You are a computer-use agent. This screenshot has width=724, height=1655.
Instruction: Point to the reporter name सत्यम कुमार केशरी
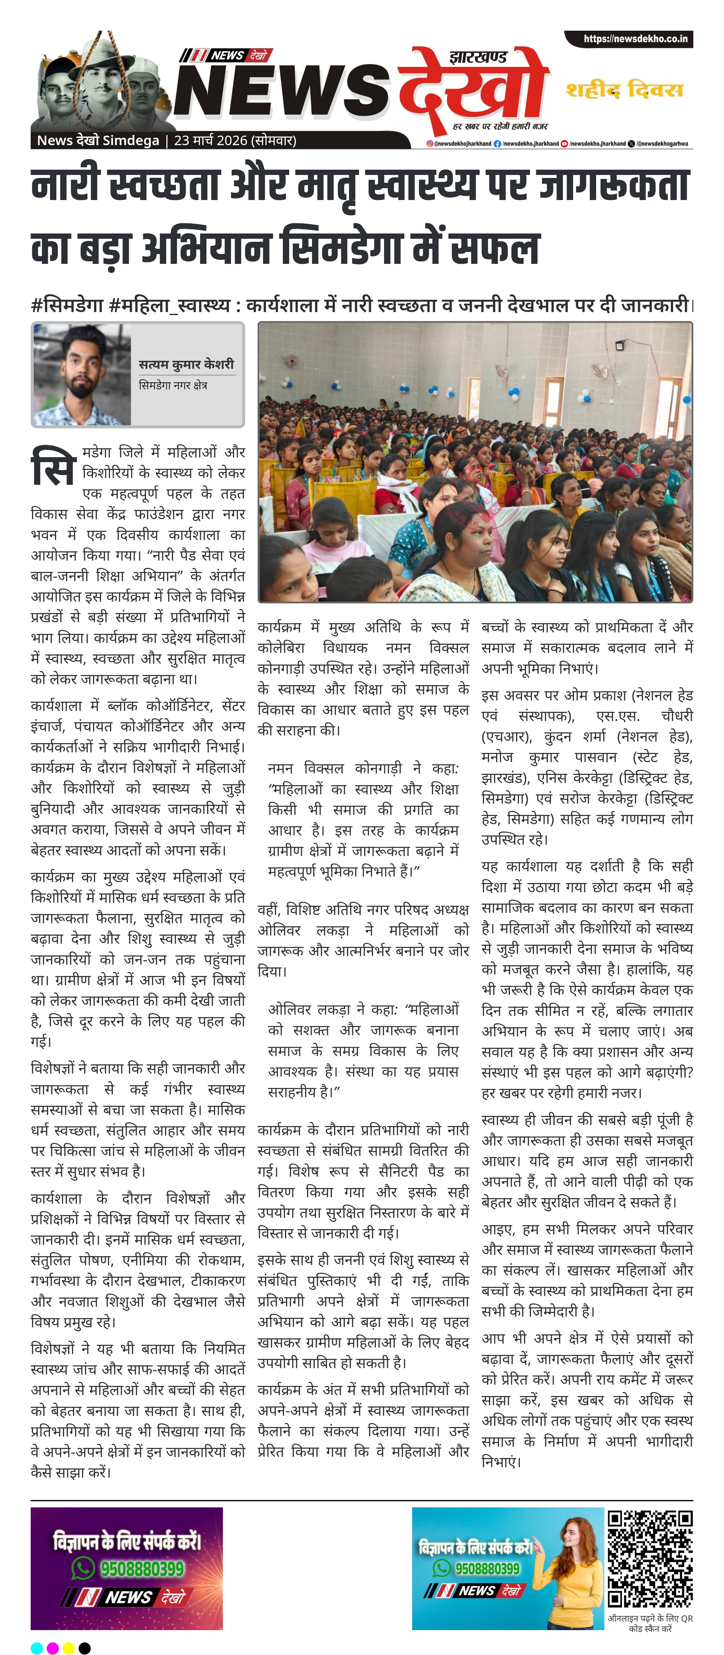click(186, 364)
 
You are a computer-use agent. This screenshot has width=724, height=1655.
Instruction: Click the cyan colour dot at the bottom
click(37, 1647)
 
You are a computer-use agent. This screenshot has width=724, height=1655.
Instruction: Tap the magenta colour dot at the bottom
click(53, 1647)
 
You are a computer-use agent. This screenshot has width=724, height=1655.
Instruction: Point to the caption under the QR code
click(650, 1623)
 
